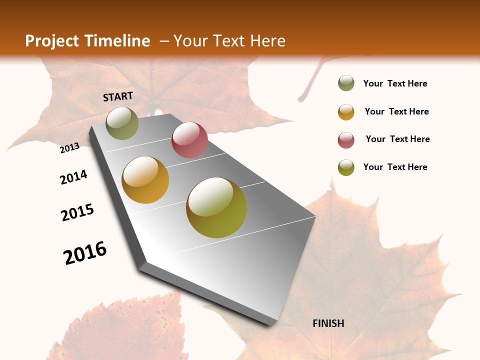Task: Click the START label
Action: tap(118, 96)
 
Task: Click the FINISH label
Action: tap(328, 323)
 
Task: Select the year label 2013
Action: tap(70, 147)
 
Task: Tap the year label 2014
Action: tap(73, 177)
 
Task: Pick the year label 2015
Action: tap(77, 212)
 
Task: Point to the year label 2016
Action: tap(85, 252)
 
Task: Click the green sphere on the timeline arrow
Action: tap(122, 123)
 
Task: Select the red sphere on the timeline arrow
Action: tap(189, 140)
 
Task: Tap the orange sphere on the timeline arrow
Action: tap(145, 180)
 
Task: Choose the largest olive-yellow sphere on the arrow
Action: tap(216, 207)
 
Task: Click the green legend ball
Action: tap(346, 83)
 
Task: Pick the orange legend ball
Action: tap(346, 112)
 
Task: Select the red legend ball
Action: tap(346, 140)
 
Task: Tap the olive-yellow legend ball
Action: tap(346, 167)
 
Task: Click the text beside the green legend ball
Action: tap(395, 83)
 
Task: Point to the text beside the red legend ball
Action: tap(397, 139)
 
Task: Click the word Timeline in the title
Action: tap(117, 41)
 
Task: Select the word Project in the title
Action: tap(52, 41)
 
